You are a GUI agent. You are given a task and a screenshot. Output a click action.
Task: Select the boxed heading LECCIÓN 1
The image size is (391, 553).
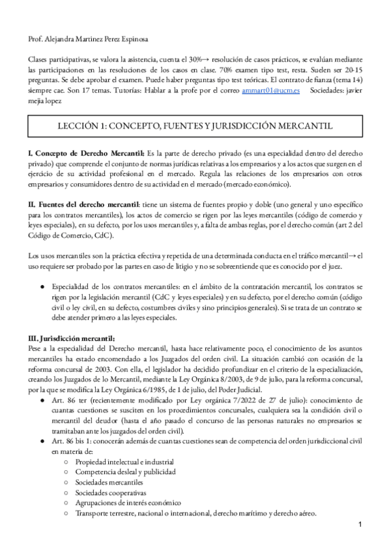click(x=195, y=124)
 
